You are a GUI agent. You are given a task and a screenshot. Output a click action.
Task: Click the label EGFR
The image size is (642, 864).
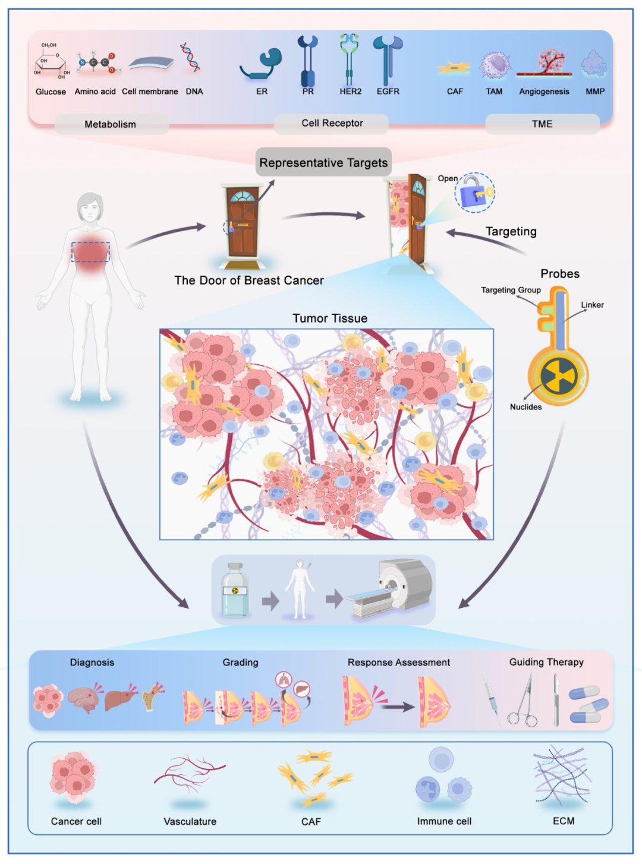388,92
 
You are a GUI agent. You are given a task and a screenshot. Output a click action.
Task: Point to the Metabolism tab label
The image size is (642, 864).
111,124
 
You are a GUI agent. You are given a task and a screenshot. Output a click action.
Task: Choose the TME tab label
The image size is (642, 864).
542,124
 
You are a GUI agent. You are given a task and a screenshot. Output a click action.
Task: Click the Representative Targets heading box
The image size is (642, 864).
323,162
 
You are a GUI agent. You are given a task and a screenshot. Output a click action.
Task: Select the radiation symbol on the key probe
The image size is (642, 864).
558,376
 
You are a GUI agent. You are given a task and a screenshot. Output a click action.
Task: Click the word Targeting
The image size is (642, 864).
511,231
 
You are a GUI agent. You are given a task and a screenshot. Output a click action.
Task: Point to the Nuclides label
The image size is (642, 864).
526,407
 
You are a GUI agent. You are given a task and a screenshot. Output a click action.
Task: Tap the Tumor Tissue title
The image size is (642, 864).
330,319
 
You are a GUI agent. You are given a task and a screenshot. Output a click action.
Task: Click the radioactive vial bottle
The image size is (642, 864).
235,590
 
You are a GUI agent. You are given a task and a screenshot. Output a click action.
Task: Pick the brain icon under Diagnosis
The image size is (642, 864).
84,697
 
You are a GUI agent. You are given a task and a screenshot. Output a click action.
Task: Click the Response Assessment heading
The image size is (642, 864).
399,662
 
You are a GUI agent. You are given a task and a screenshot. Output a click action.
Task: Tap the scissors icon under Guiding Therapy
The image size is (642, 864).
523,700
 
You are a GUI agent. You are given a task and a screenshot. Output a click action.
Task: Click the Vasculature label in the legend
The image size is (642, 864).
190,822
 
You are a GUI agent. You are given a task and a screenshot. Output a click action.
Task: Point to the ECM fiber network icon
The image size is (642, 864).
563,775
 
